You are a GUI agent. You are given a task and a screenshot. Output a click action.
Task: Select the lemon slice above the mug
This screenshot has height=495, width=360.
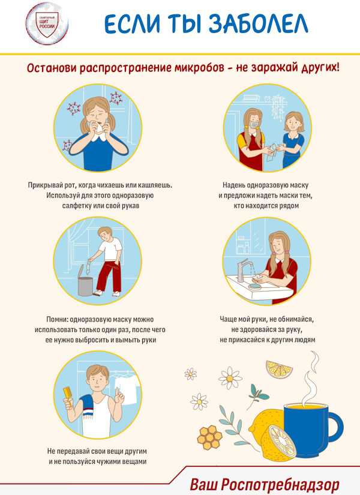click(279, 368)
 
